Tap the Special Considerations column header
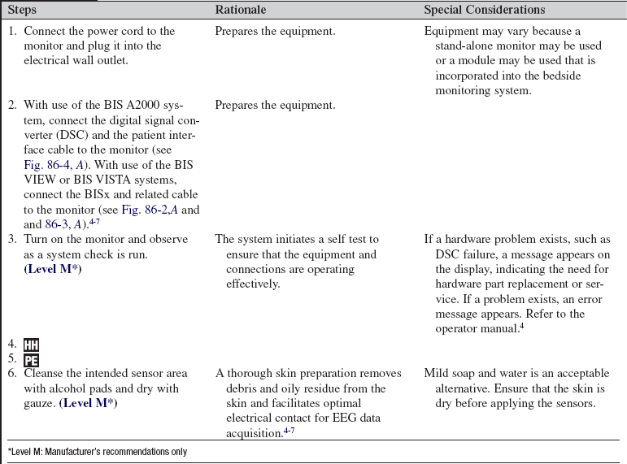(485, 11)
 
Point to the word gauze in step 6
(39, 403)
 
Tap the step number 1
(11, 31)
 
